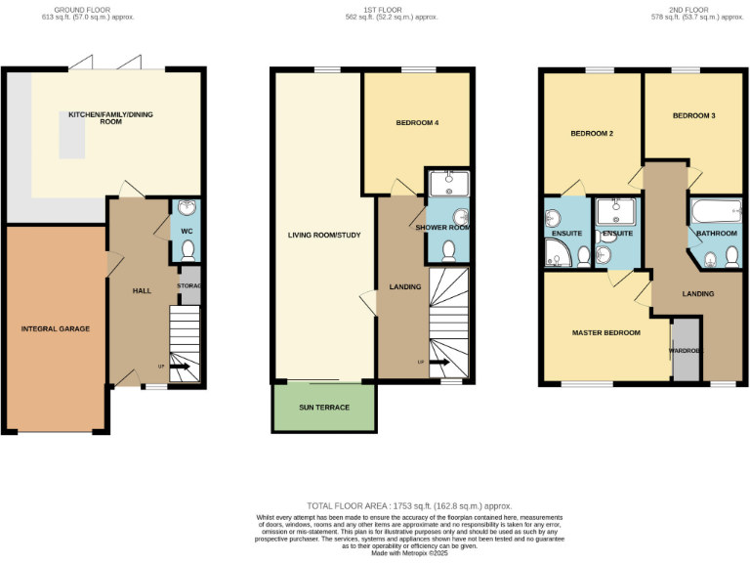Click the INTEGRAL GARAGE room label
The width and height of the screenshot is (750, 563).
pos(56,328)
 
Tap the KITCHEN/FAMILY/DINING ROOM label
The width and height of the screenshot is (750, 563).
pos(108,118)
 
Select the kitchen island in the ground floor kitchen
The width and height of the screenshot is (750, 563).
pos(71,135)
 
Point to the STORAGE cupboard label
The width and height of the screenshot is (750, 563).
pos(189,286)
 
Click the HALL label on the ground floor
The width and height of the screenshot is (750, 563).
pos(142,290)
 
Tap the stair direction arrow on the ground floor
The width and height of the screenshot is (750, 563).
pos(181,368)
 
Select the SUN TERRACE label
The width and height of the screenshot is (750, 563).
pos(324,407)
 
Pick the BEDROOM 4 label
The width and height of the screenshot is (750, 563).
pos(417,123)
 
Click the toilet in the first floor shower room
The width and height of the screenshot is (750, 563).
pos(448,250)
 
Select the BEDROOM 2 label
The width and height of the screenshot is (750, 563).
pos(592,133)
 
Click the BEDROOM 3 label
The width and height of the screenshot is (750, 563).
pos(693,115)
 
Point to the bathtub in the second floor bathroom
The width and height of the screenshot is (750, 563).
pos(718,212)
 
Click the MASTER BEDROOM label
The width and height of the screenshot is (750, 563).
pos(605,332)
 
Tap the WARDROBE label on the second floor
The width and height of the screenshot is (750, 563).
pos(686,350)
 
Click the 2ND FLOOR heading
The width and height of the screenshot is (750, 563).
pos(688,12)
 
